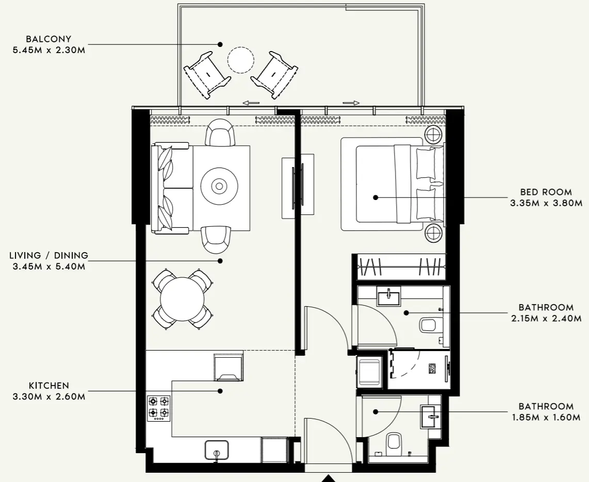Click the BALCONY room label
pyautogui.click(x=50, y=39)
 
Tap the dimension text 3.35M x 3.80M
pyautogui.click(x=546, y=203)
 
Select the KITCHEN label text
pyautogui.click(x=49, y=386)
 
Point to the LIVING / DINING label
pyautogui.click(x=49, y=256)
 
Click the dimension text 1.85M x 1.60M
pyautogui.click(x=546, y=418)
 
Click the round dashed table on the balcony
pyautogui.click(x=241, y=60)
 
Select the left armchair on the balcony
pyautogui.click(x=207, y=74)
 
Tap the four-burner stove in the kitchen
pyautogui.click(x=159, y=407)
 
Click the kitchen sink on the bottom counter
pyautogui.click(x=217, y=450)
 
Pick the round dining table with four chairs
pyautogui.click(x=182, y=298)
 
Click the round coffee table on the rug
pyautogui.click(x=220, y=186)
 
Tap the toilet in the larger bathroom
pyautogui.click(x=429, y=325)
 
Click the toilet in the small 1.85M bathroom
pyautogui.click(x=394, y=442)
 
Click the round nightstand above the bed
pyautogui.click(x=433, y=135)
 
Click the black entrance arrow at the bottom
pyautogui.click(x=329, y=478)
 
